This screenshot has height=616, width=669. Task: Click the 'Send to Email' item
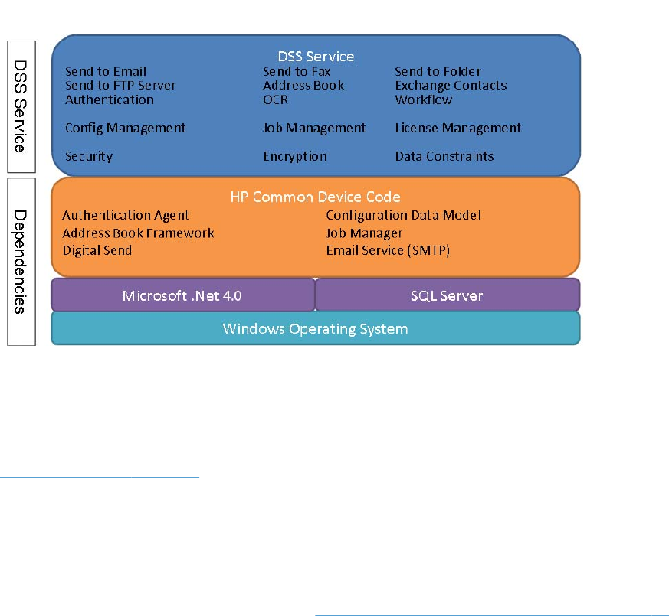tap(106, 72)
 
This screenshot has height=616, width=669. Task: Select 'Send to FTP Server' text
tap(120, 86)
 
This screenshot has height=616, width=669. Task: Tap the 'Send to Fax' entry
tap(297, 72)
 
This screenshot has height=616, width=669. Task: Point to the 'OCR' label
tap(275, 99)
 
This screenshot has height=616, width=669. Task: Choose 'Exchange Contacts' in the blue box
tap(451, 86)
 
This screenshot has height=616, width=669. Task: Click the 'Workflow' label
tap(424, 99)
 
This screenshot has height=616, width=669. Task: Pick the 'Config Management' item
tap(126, 129)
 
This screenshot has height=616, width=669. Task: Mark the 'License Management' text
tap(458, 129)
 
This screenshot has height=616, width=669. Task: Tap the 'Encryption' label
tap(295, 156)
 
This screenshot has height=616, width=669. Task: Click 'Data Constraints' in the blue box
tap(444, 156)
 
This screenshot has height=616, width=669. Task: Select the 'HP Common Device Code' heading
tap(316, 197)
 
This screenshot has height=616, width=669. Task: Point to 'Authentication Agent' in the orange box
tap(126, 216)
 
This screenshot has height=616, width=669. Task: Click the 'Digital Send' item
tap(97, 250)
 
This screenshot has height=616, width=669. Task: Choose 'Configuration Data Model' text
tap(404, 216)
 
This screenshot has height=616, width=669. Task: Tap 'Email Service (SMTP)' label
tap(388, 250)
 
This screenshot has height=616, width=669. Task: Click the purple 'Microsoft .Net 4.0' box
tap(182, 295)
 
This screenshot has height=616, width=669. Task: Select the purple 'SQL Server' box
tap(447, 295)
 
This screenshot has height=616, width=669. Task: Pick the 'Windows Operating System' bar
tap(315, 329)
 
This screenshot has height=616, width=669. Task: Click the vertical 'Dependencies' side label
tap(21, 261)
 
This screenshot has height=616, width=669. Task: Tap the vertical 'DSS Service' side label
tap(21, 107)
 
